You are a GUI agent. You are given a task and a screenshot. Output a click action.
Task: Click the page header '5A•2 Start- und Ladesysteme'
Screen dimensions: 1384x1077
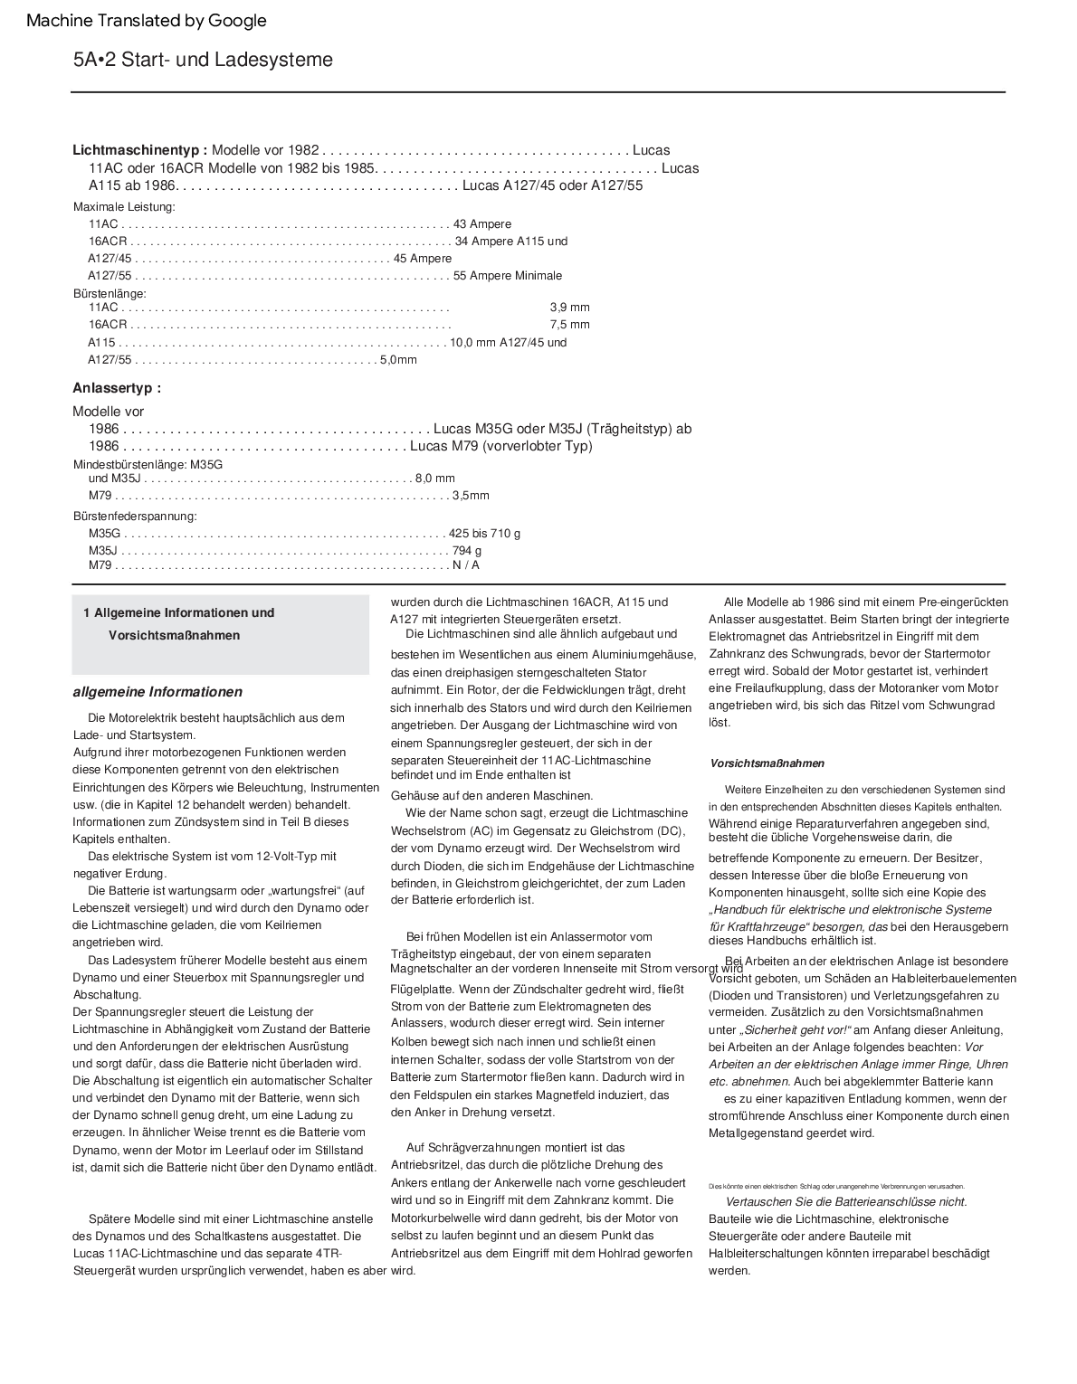pyautogui.click(x=203, y=60)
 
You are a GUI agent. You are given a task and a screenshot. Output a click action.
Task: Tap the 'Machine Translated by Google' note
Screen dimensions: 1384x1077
pyautogui.click(x=147, y=21)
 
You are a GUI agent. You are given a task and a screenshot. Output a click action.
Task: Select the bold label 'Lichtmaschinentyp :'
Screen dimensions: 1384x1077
pyautogui.click(x=140, y=150)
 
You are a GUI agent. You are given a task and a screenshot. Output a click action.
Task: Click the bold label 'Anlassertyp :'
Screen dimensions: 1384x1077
pyautogui.click(x=117, y=388)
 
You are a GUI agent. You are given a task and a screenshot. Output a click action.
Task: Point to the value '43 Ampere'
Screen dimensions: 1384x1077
pyautogui.click(x=482, y=224)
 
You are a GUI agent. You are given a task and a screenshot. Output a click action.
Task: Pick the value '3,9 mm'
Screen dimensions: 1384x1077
pyautogui.click(x=569, y=308)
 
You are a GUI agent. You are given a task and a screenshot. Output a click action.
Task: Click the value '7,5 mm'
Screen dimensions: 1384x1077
pyautogui.click(x=569, y=325)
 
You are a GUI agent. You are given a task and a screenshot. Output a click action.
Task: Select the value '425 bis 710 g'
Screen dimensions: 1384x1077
pyautogui.click(x=484, y=534)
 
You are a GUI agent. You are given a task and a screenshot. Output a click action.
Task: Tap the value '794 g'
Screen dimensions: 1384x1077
pyautogui.click(x=467, y=551)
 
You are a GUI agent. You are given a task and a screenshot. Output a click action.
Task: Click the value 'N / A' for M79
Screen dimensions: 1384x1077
pyautogui.click(x=466, y=565)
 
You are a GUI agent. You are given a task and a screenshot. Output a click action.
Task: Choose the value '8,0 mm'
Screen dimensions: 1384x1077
pyautogui.click(x=435, y=479)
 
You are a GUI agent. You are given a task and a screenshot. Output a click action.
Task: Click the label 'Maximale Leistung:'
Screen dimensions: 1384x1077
pyautogui.click(x=124, y=207)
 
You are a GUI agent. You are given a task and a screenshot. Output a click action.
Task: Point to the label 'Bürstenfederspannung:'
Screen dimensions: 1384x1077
pyautogui.click(x=135, y=517)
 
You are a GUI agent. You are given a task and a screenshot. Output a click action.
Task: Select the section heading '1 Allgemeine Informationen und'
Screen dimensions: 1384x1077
pyautogui.click(x=178, y=613)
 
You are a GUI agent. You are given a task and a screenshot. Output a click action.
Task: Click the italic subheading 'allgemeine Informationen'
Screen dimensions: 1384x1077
pyautogui.click(x=157, y=692)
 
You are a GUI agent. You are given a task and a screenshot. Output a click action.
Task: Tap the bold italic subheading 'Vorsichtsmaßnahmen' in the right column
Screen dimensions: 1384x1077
pyautogui.click(x=767, y=763)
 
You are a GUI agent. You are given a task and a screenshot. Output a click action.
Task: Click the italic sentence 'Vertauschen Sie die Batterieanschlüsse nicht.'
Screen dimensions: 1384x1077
pyautogui.click(x=846, y=1202)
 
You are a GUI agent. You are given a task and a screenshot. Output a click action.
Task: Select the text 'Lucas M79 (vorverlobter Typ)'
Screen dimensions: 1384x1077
pyautogui.click(x=501, y=446)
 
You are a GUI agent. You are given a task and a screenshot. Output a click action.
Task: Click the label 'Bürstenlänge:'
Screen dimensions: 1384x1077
pyautogui.click(x=110, y=294)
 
